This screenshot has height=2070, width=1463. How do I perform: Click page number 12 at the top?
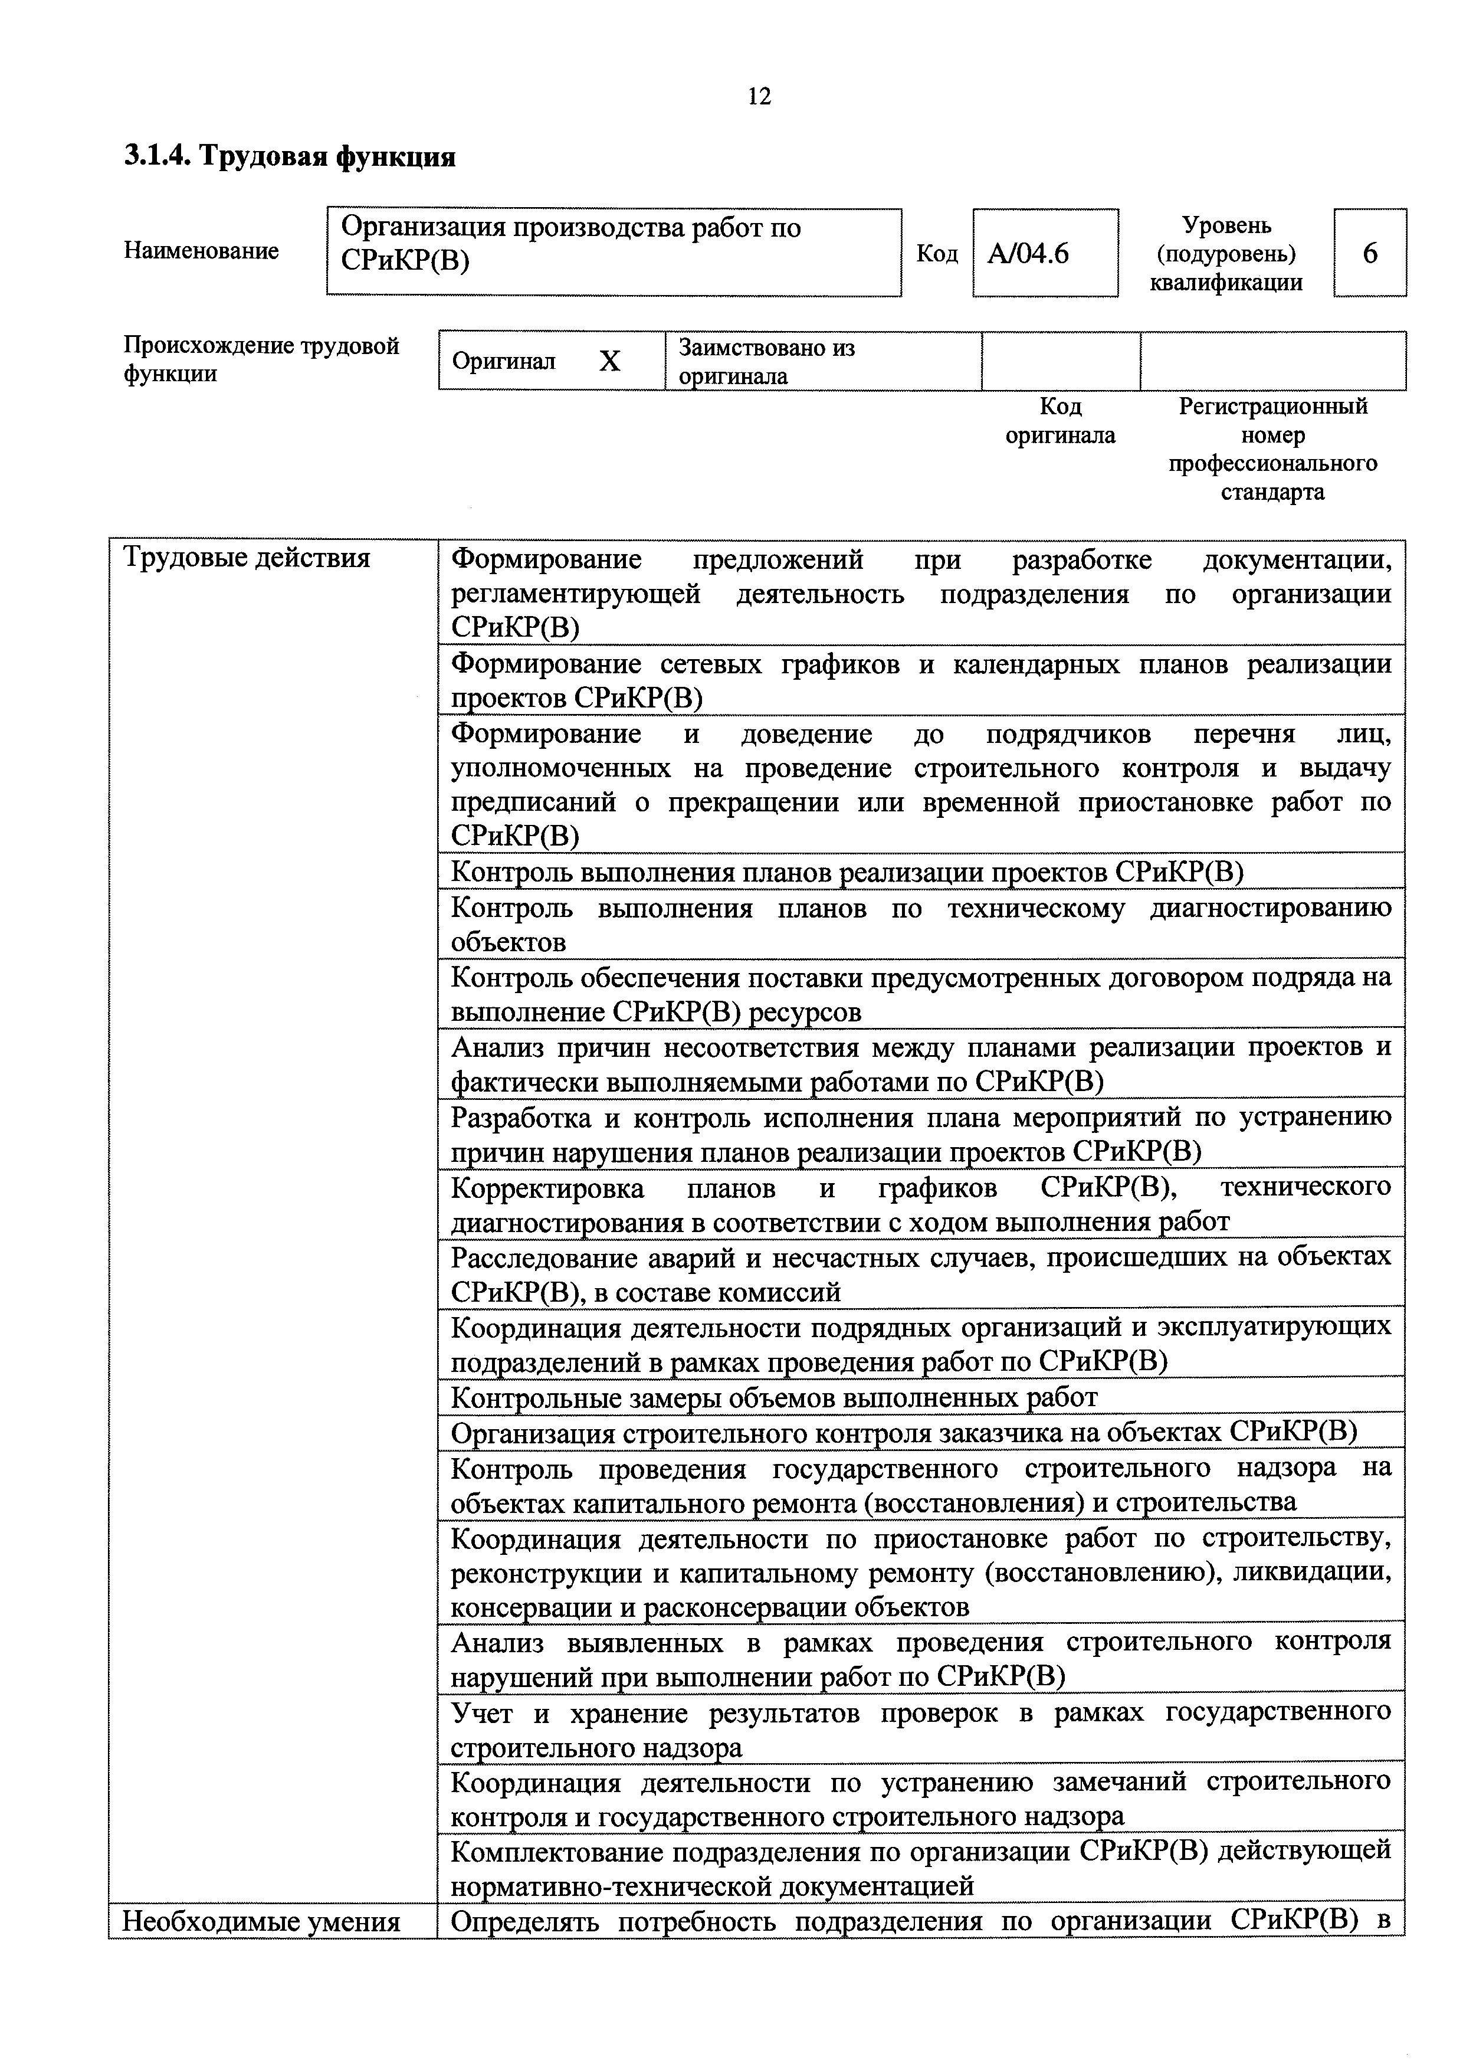click(x=759, y=96)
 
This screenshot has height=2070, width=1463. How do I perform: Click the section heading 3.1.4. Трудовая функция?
click(x=289, y=157)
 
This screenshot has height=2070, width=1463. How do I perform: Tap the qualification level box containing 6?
click(x=1369, y=253)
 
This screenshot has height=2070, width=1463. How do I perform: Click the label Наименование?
click(x=201, y=251)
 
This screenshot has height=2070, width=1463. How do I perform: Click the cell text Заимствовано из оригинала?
click(x=766, y=361)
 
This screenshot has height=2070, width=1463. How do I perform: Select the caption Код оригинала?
click(x=1060, y=421)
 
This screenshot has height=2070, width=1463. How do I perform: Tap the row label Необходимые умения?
click(x=261, y=1922)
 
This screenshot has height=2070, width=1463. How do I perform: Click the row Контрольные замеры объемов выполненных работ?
click(x=773, y=1397)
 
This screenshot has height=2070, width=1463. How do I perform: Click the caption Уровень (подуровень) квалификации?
click(x=1226, y=253)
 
